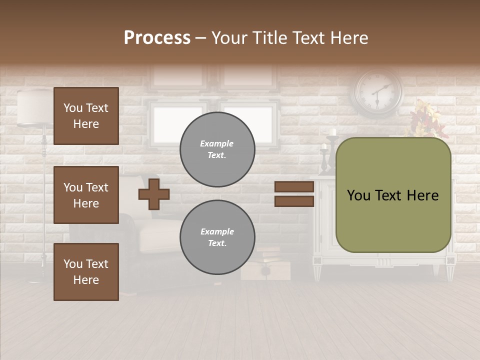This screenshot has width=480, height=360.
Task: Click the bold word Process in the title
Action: tap(157, 37)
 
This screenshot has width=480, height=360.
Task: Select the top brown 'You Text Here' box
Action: tap(86, 116)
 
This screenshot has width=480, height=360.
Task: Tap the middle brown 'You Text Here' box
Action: tap(86, 195)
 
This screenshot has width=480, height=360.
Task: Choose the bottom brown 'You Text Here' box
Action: tap(86, 271)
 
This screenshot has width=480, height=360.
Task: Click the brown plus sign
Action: tap(154, 193)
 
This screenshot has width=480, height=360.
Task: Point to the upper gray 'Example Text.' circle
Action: tap(217, 149)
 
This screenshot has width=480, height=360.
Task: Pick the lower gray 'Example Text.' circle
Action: tap(217, 237)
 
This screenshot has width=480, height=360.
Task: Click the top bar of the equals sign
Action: tap(294, 187)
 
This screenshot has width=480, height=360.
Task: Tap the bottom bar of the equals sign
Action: tap(294, 201)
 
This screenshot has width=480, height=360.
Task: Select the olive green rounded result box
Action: tap(393, 195)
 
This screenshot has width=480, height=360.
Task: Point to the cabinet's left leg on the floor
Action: tap(317, 270)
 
